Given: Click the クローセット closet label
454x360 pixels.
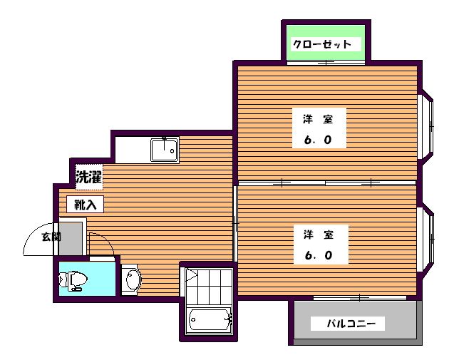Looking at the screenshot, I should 323,44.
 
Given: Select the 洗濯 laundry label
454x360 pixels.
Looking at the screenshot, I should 89,178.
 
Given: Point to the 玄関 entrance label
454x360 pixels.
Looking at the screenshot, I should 50,237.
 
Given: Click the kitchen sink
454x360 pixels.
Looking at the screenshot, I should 164,150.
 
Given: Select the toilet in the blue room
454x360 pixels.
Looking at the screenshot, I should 75,280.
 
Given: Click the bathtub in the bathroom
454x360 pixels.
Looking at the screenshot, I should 208,322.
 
